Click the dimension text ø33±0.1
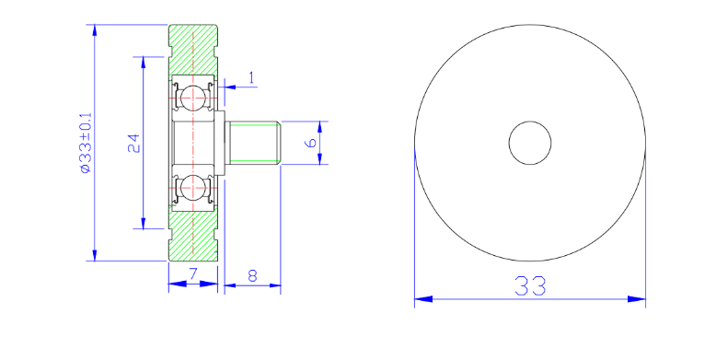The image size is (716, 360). click(86, 143)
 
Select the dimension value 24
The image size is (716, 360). click(133, 143)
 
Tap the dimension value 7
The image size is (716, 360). click(193, 274)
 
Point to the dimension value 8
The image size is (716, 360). click(252, 275)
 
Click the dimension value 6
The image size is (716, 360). click(310, 143)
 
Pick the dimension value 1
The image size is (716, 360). click(252, 78)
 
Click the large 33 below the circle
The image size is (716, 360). click(530, 286)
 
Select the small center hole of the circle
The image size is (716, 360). click(530, 143)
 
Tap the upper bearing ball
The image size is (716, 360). click(192, 97)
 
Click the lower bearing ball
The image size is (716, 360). click(192, 188)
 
